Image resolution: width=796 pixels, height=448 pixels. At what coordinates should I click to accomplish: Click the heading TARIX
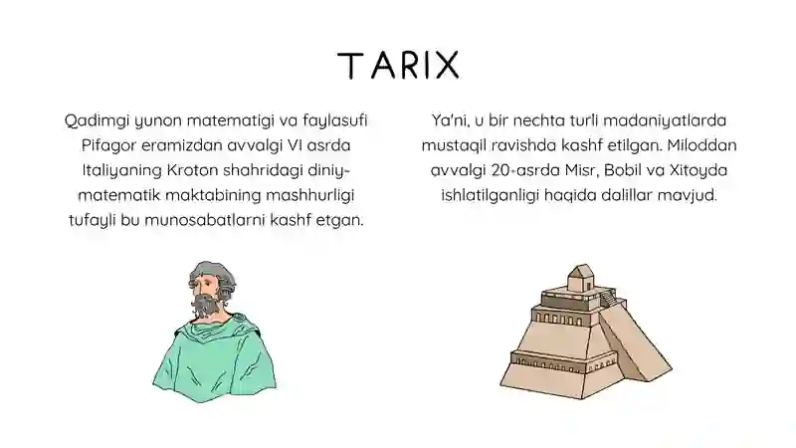click(398, 65)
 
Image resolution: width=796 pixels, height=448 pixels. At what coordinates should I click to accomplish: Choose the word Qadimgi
click(93, 121)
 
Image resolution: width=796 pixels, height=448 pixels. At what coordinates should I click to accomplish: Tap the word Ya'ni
click(450, 121)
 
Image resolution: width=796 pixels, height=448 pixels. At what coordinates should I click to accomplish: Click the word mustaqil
click(452, 145)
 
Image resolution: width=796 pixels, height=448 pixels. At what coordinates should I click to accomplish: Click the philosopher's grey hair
click(208, 271)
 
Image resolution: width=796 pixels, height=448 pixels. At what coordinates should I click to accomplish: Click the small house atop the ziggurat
click(578, 282)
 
